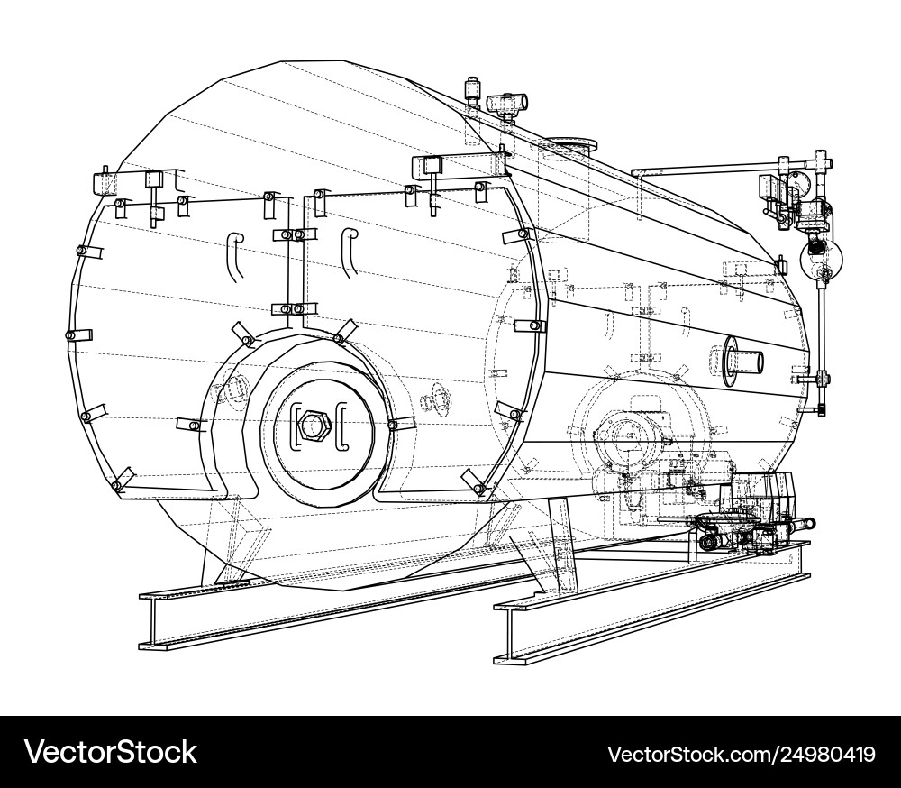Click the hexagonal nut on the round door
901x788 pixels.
(312, 425)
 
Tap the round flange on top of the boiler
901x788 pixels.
(569, 144)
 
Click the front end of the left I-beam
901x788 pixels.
(149, 622)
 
